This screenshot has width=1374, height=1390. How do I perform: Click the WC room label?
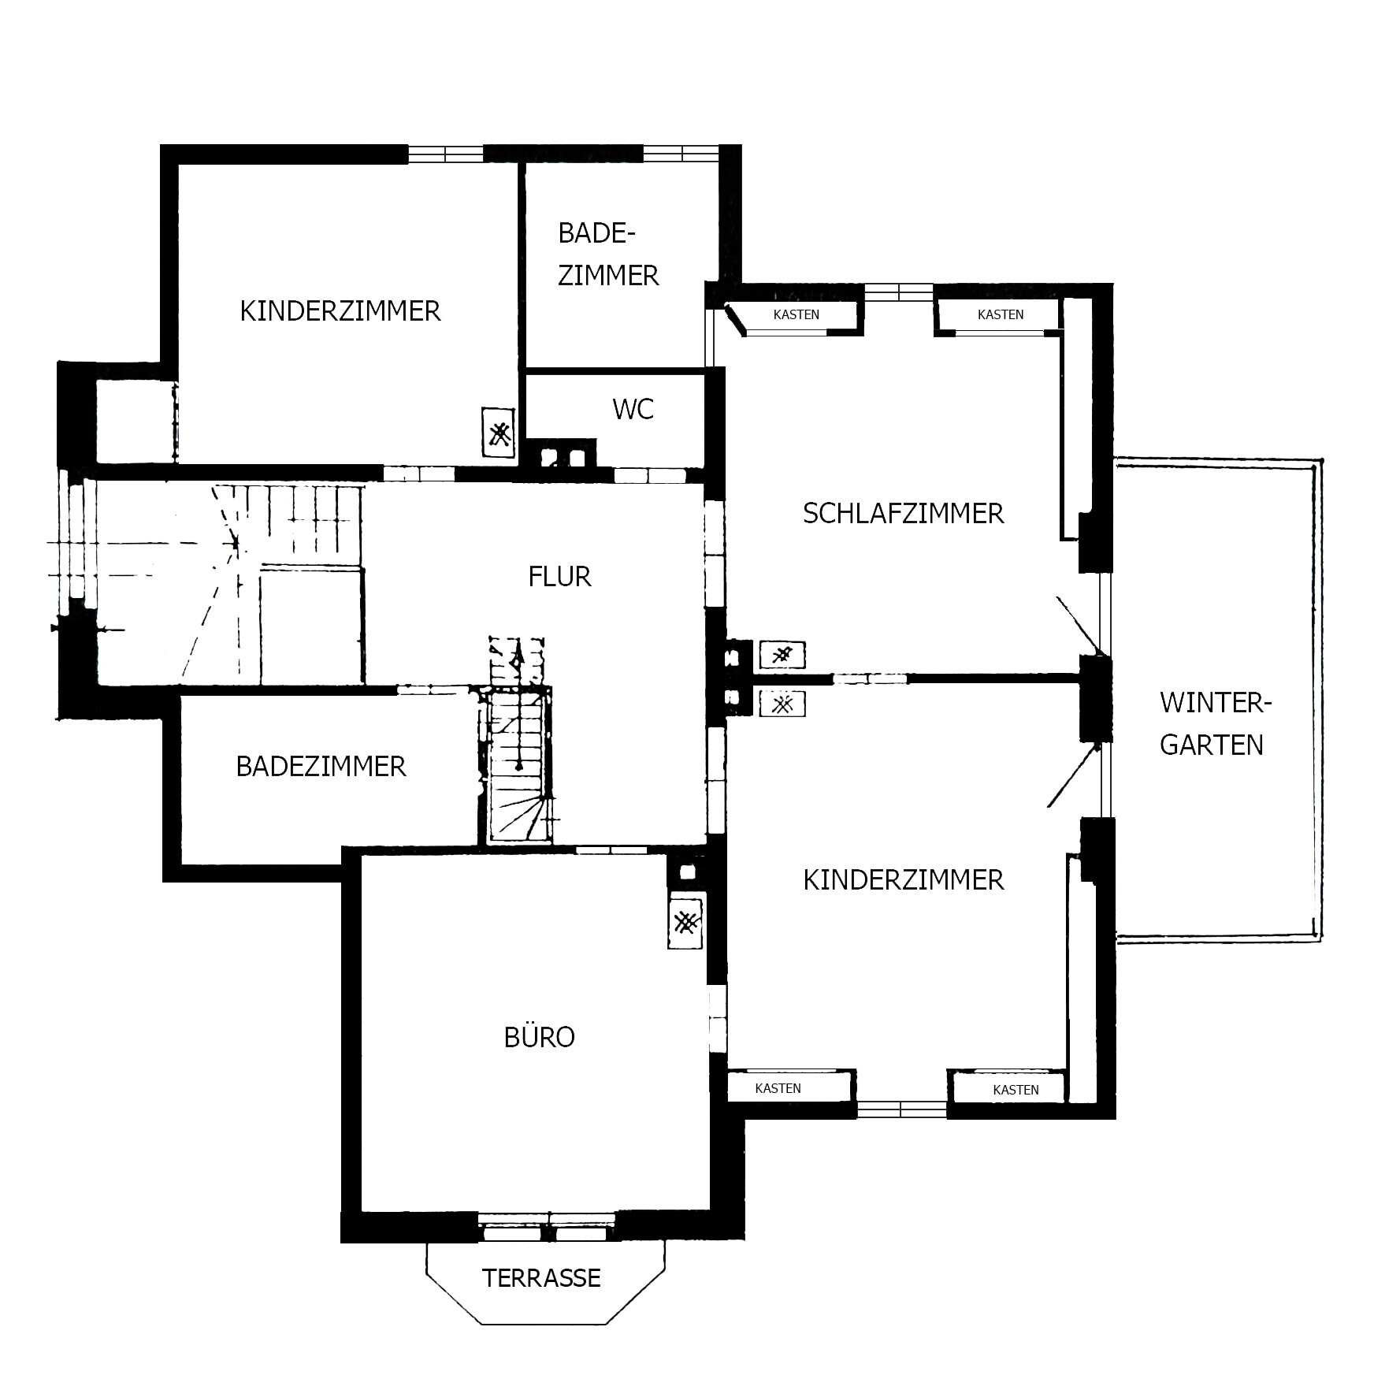(x=633, y=410)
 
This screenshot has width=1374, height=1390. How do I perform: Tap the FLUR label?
(x=559, y=577)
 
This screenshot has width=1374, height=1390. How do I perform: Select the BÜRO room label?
(x=539, y=1037)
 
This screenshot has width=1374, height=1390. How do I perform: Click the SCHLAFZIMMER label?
(x=903, y=514)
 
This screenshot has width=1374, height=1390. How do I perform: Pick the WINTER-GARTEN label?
(x=1214, y=723)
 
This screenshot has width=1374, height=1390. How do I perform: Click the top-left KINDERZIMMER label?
(x=340, y=311)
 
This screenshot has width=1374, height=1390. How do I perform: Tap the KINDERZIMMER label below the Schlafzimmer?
(x=904, y=880)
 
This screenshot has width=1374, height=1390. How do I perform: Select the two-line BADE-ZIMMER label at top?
(x=607, y=254)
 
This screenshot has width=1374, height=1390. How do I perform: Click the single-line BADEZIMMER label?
(x=321, y=767)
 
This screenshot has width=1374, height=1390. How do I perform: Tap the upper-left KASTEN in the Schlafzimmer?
(x=796, y=314)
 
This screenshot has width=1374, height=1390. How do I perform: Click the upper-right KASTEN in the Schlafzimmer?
(x=1001, y=314)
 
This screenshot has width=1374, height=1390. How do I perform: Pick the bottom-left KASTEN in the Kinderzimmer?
(x=778, y=1088)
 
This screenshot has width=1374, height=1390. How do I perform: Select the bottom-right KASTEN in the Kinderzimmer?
(x=1016, y=1090)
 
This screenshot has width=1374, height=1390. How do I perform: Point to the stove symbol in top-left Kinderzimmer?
(x=498, y=433)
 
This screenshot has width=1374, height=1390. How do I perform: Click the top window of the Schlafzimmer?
(x=899, y=292)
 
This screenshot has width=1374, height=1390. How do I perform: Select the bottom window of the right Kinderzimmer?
(x=902, y=1109)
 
